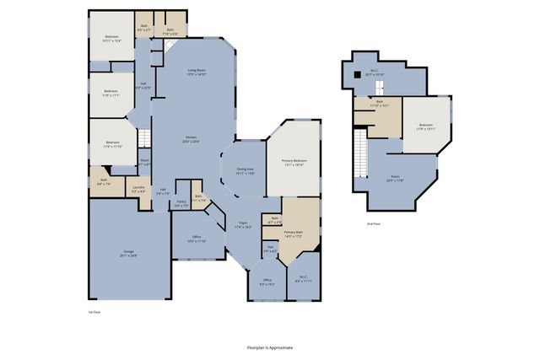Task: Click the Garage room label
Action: point(128,252)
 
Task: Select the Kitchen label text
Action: point(192,140)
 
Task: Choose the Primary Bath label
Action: point(294,234)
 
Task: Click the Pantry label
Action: point(181,203)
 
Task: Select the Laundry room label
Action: point(138,190)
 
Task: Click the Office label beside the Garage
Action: point(196,239)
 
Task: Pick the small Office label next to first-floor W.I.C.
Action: point(267,282)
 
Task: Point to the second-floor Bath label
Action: point(379,104)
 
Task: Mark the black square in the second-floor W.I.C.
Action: point(357,74)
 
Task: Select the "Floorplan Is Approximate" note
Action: point(270,347)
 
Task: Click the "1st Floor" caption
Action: point(94,313)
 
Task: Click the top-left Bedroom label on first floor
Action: point(112,38)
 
